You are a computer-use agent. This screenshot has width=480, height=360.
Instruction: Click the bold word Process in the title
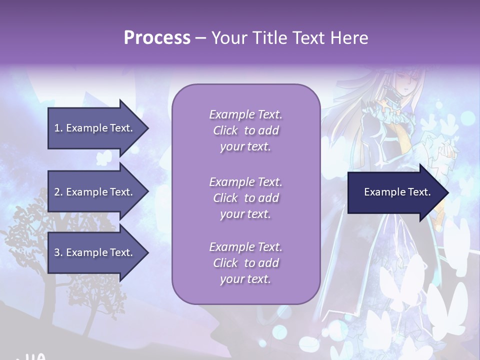pyautogui.click(x=157, y=38)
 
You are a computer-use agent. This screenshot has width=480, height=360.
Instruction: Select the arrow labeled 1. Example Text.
pyautogui.click(x=93, y=128)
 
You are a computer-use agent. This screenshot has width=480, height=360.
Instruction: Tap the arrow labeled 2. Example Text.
pyautogui.click(x=93, y=192)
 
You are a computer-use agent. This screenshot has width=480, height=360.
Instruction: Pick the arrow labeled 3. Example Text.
pyautogui.click(x=93, y=252)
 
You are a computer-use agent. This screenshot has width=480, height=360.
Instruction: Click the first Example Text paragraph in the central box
pyautogui.click(x=245, y=130)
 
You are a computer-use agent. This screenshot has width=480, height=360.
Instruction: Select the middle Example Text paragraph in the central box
pyautogui.click(x=245, y=198)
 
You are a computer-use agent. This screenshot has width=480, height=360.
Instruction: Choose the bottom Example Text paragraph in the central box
pyautogui.click(x=245, y=263)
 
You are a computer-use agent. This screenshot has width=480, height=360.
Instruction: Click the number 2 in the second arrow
pyautogui.click(x=57, y=192)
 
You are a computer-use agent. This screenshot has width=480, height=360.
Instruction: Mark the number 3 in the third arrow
pyautogui.click(x=57, y=252)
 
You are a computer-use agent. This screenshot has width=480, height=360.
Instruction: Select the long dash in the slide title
pyautogui.click(x=200, y=38)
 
